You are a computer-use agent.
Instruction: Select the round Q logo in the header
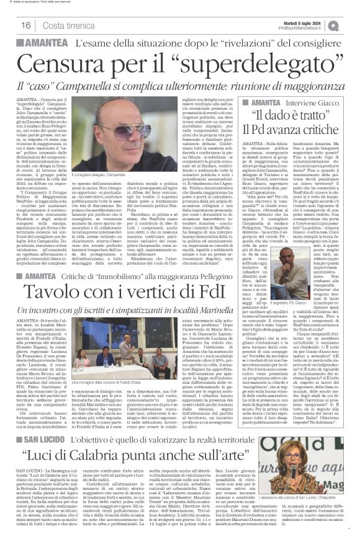coord(351,24)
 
